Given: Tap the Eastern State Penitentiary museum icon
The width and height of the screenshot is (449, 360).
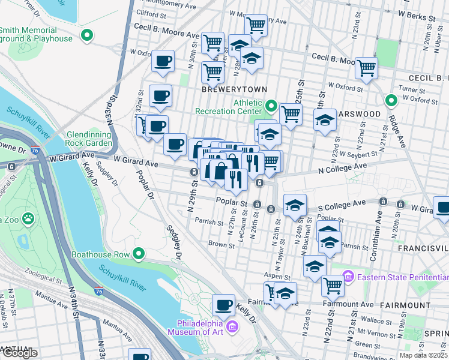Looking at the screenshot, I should pyautogui.click(x=348, y=277).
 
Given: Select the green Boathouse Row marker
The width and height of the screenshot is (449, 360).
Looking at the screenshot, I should pyautogui.click(x=139, y=254).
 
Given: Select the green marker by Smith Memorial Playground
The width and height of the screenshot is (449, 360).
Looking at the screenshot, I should pyautogui.click(x=87, y=36).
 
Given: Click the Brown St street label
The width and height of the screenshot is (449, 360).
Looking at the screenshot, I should pyautogui.click(x=221, y=245).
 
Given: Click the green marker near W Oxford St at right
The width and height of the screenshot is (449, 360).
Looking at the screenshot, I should pyautogui.click(x=391, y=100).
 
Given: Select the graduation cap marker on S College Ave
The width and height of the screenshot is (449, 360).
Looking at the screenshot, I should pyautogui.click(x=295, y=205).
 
